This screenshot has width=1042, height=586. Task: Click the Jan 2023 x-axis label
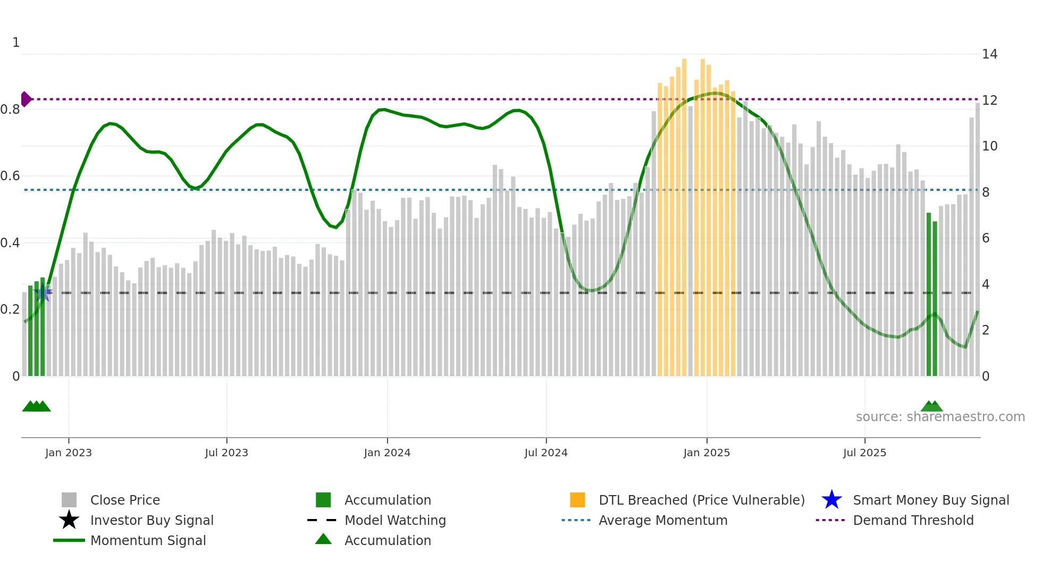pyautogui.click(x=68, y=453)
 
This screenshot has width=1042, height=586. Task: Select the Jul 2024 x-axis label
pyautogui.click(x=545, y=453)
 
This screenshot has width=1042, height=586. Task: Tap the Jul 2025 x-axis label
pyautogui.click(x=864, y=453)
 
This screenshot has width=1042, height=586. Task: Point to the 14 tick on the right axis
pyautogui.click(x=989, y=54)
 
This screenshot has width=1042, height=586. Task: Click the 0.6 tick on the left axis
pyautogui.click(x=11, y=176)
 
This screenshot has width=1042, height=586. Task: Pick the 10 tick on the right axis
pyautogui.click(x=989, y=146)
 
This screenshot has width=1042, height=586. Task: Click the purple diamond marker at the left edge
pyautogui.click(x=26, y=99)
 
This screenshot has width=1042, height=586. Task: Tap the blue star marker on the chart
pyautogui.click(x=43, y=292)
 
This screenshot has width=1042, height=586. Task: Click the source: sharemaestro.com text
pyautogui.click(x=940, y=417)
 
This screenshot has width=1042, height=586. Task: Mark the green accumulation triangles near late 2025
pyautogui.click(x=931, y=406)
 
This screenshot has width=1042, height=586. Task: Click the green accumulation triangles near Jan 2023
pyautogui.click(x=36, y=406)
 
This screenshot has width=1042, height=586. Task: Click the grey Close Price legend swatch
pyautogui.click(x=69, y=500)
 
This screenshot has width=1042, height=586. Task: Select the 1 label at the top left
pyautogui.click(x=16, y=43)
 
